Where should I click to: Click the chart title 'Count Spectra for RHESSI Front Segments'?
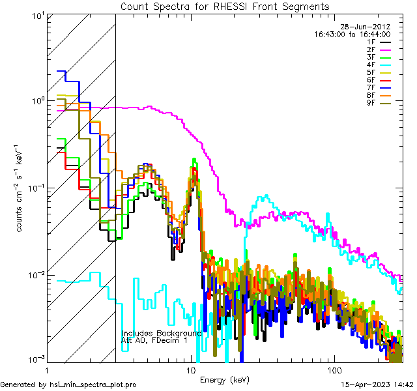(x=225, y=6)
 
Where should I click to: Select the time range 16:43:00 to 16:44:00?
(x=352, y=34)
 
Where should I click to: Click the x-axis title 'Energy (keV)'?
(x=225, y=379)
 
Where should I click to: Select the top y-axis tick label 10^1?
(x=35, y=14)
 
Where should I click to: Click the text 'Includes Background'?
(x=162, y=333)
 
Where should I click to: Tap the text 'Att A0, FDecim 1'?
(x=154, y=340)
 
